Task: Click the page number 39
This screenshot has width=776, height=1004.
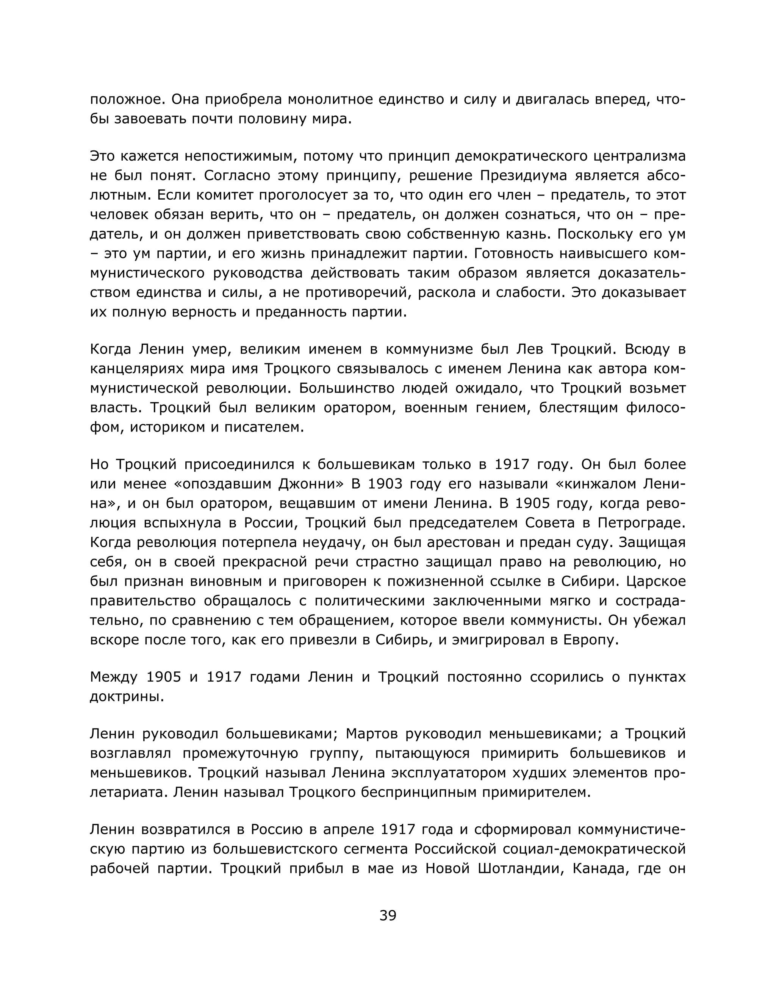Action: click(388, 915)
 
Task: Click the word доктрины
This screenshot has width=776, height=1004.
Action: click(127, 696)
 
